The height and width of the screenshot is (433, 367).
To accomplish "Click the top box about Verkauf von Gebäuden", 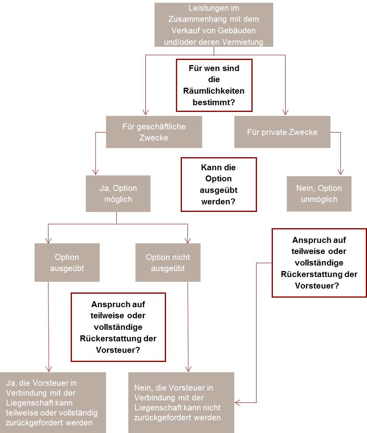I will click(214, 25).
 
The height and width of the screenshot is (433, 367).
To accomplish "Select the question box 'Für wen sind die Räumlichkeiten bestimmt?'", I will click(214, 85).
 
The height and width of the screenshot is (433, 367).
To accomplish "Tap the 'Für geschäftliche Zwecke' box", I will click(154, 132).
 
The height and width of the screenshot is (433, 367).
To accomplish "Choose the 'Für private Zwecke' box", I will click(282, 132).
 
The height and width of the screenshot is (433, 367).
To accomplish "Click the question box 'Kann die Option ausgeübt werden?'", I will click(218, 185).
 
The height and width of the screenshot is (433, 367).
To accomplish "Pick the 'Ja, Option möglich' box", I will click(118, 194).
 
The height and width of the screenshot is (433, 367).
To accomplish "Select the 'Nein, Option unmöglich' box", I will click(319, 194).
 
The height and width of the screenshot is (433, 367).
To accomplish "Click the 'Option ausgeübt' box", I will click(67, 263).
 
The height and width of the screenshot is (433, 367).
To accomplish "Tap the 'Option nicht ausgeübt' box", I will click(168, 263).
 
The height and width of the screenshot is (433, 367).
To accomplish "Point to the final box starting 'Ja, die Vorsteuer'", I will click(53, 402).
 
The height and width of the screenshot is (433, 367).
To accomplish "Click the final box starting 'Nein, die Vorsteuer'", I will click(181, 402).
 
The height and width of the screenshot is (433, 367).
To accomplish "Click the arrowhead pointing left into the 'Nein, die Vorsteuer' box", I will click(238, 402).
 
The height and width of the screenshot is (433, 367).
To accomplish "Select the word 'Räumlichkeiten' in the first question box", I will click(214, 91).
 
